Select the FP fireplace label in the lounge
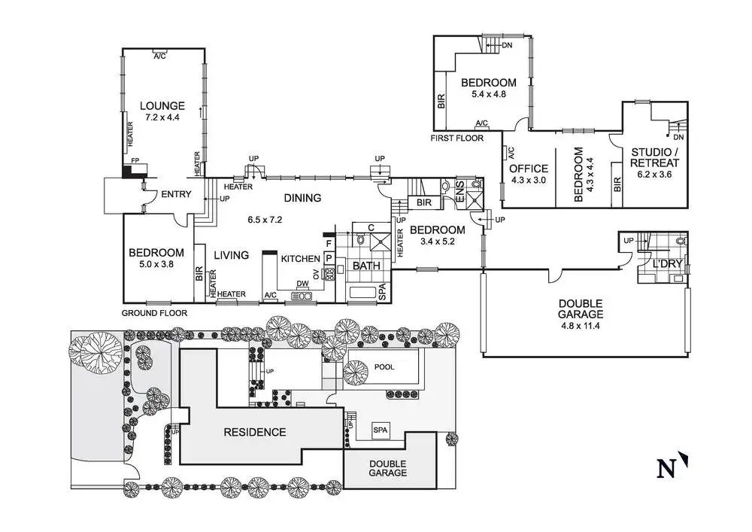135,161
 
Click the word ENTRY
176,194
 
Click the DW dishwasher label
302,284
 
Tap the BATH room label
366,266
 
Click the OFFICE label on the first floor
530,169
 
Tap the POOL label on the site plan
384,366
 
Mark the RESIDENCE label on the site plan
255,432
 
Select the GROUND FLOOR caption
154,312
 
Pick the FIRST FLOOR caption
456,138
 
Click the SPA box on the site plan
381,431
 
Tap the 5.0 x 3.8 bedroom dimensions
156,264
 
